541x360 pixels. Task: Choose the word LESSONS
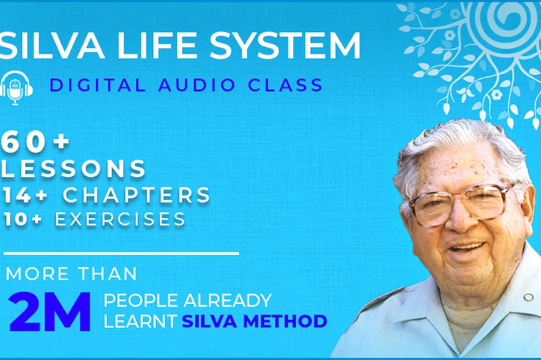coord(74,169)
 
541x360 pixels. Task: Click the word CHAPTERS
coord(137,195)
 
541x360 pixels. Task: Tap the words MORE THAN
coord(72,274)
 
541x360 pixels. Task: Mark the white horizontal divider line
coord(122,254)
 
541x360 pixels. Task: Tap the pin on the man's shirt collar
coord(528,297)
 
